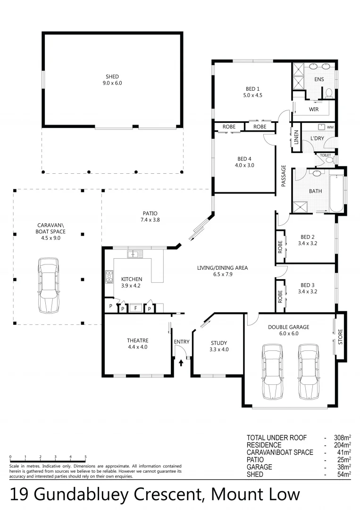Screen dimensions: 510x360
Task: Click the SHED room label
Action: coord(112,76)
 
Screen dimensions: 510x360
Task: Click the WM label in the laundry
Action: coord(330,127)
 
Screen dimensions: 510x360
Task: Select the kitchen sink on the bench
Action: coord(135,254)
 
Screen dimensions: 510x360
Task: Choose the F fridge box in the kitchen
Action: coord(135,308)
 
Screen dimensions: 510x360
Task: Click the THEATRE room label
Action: coord(137,340)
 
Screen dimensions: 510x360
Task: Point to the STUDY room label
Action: coord(219,343)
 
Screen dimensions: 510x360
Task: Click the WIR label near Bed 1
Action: coord(314,109)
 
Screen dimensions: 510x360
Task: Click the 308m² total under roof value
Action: coord(341,438)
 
